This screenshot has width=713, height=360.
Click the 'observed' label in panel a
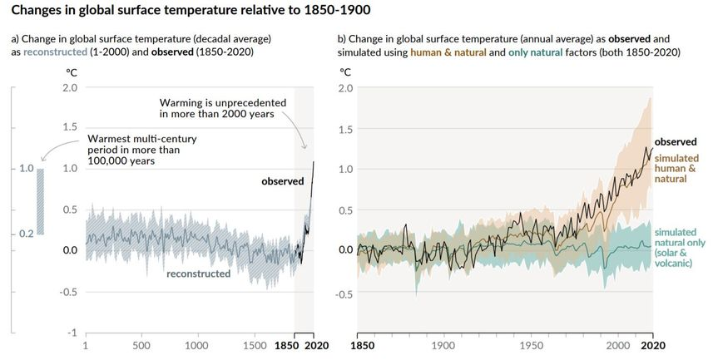click(x=283, y=181)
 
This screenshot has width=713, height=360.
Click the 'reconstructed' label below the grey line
click(x=198, y=274)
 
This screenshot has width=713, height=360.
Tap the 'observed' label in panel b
click(x=675, y=142)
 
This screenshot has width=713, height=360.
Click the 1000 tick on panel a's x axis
click(x=196, y=345)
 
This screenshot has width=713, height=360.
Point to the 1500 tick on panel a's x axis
click(x=251, y=345)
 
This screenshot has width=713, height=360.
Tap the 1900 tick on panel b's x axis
click(x=443, y=345)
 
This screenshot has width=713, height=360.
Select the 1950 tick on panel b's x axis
click(x=530, y=345)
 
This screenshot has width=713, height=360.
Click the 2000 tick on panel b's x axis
click(x=616, y=345)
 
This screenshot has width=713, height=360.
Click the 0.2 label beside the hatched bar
click(x=26, y=234)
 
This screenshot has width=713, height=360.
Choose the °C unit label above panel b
click(x=345, y=72)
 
